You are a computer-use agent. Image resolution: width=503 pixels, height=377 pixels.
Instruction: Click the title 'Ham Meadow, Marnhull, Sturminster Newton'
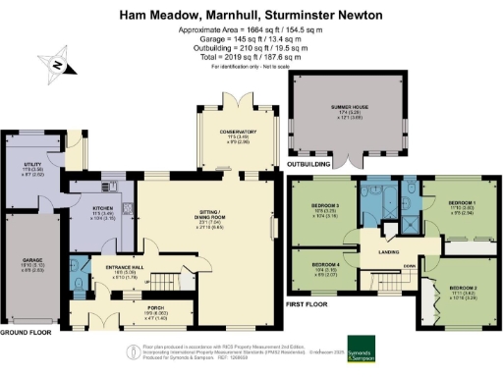251,15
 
